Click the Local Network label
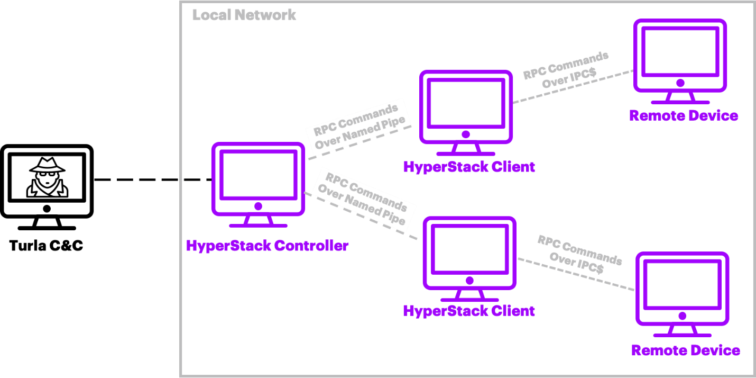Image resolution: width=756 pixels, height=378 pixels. coord(244,15)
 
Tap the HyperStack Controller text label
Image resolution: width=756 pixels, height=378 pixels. coord(267,246)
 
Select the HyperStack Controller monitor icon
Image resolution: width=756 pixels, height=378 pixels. coord(258,179)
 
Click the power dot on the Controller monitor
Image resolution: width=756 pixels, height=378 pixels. coord(258,206)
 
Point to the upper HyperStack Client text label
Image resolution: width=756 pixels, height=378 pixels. coord(469,167)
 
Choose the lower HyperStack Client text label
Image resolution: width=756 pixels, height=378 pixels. coord(469,311)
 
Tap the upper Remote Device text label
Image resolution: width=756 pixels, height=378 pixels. coord(683,116)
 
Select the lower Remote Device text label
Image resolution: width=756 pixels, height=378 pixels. coord(685,350)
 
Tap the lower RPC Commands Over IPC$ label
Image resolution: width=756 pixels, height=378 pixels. coord(579,254)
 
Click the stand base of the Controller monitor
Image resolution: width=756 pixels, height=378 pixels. coord(258,225)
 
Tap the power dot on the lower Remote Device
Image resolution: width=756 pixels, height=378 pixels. coord(682,316)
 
